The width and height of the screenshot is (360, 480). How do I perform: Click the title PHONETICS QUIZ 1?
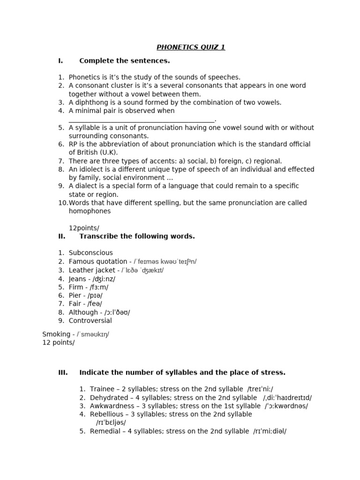[x=191, y=47]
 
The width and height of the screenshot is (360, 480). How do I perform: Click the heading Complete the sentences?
[x=124, y=61]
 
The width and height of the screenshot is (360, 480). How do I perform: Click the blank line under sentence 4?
[x=141, y=120]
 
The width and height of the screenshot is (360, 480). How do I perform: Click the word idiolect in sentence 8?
[x=91, y=170]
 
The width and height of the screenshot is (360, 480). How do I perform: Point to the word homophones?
[x=90, y=211]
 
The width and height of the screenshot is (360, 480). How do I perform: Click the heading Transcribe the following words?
[x=137, y=236]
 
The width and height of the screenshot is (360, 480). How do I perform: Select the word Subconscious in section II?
[x=90, y=253]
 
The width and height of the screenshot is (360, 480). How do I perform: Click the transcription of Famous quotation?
[x=165, y=262]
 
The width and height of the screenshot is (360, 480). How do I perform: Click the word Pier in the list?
[x=75, y=296]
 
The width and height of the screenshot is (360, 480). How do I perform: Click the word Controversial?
[x=90, y=321]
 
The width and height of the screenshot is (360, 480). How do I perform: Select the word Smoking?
[x=55, y=334]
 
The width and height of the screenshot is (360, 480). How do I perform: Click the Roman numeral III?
[x=63, y=373]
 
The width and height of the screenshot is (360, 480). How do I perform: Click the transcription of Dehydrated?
[x=287, y=397]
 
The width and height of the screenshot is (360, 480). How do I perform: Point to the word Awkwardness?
[x=110, y=406]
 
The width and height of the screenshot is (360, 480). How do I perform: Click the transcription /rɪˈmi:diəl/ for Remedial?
[x=270, y=431]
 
